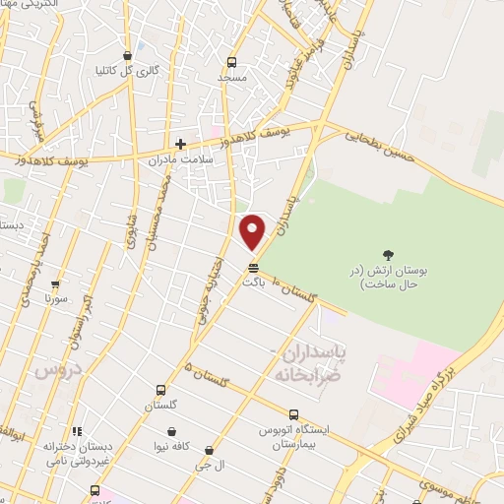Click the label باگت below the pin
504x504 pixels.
[255, 281]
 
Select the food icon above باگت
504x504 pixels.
[254, 267]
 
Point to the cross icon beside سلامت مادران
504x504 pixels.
[180, 144]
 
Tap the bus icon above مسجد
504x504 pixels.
[231, 61]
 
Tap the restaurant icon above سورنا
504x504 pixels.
[55, 283]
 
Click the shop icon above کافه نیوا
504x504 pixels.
[172, 431]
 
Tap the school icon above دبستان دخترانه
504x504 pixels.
[77, 431]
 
